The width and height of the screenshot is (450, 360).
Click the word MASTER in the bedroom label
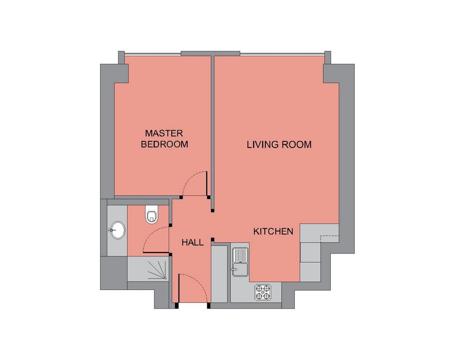(x=164, y=133)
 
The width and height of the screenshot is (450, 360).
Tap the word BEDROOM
(x=165, y=144)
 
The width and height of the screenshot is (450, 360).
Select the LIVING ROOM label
(x=279, y=145)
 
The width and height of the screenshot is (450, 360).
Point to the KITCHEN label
(x=273, y=231)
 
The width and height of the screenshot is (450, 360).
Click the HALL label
(x=192, y=243)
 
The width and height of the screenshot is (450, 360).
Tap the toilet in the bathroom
(x=152, y=214)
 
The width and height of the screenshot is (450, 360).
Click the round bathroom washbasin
(x=118, y=230)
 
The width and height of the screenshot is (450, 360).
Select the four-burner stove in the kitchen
(x=263, y=292)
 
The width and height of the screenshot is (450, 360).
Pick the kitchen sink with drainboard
(x=240, y=262)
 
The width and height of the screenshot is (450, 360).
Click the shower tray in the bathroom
(x=148, y=269)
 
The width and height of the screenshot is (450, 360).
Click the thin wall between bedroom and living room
(x=213, y=133)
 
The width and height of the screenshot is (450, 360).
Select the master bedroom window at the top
(x=153, y=53)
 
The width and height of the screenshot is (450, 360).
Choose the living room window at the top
(x=282, y=53)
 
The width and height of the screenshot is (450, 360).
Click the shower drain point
(x=165, y=278)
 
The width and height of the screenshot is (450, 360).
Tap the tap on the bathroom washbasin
(x=112, y=230)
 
